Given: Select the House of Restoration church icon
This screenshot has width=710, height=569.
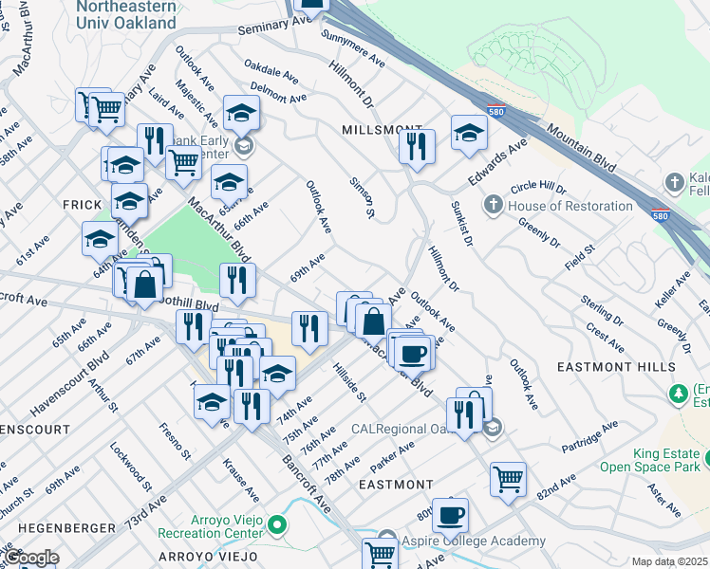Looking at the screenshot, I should (493, 205).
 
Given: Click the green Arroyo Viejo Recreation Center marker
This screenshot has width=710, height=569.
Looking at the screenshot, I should (276, 524).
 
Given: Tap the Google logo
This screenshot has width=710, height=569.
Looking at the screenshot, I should (30, 558).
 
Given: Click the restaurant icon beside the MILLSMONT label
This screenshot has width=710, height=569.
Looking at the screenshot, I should (417, 146).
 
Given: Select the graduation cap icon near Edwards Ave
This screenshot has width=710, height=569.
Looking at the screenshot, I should (469, 132).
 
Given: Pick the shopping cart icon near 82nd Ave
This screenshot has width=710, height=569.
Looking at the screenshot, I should (509, 477).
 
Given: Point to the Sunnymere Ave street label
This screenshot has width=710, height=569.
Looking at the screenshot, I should (352, 48).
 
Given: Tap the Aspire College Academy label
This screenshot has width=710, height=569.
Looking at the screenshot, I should (476, 541).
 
